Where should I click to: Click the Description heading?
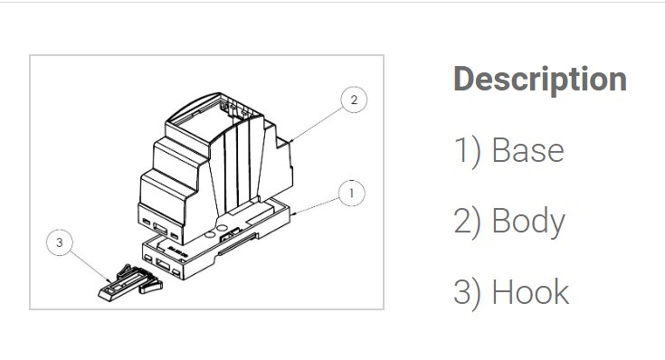coord(540,80)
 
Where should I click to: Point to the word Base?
coord(528,150)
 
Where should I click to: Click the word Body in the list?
coord(528,222)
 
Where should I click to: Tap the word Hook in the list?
coord(530,292)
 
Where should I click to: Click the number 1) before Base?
coord(468,151)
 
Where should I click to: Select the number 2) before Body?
coord(468,223)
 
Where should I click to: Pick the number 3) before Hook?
coord(468,293)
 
